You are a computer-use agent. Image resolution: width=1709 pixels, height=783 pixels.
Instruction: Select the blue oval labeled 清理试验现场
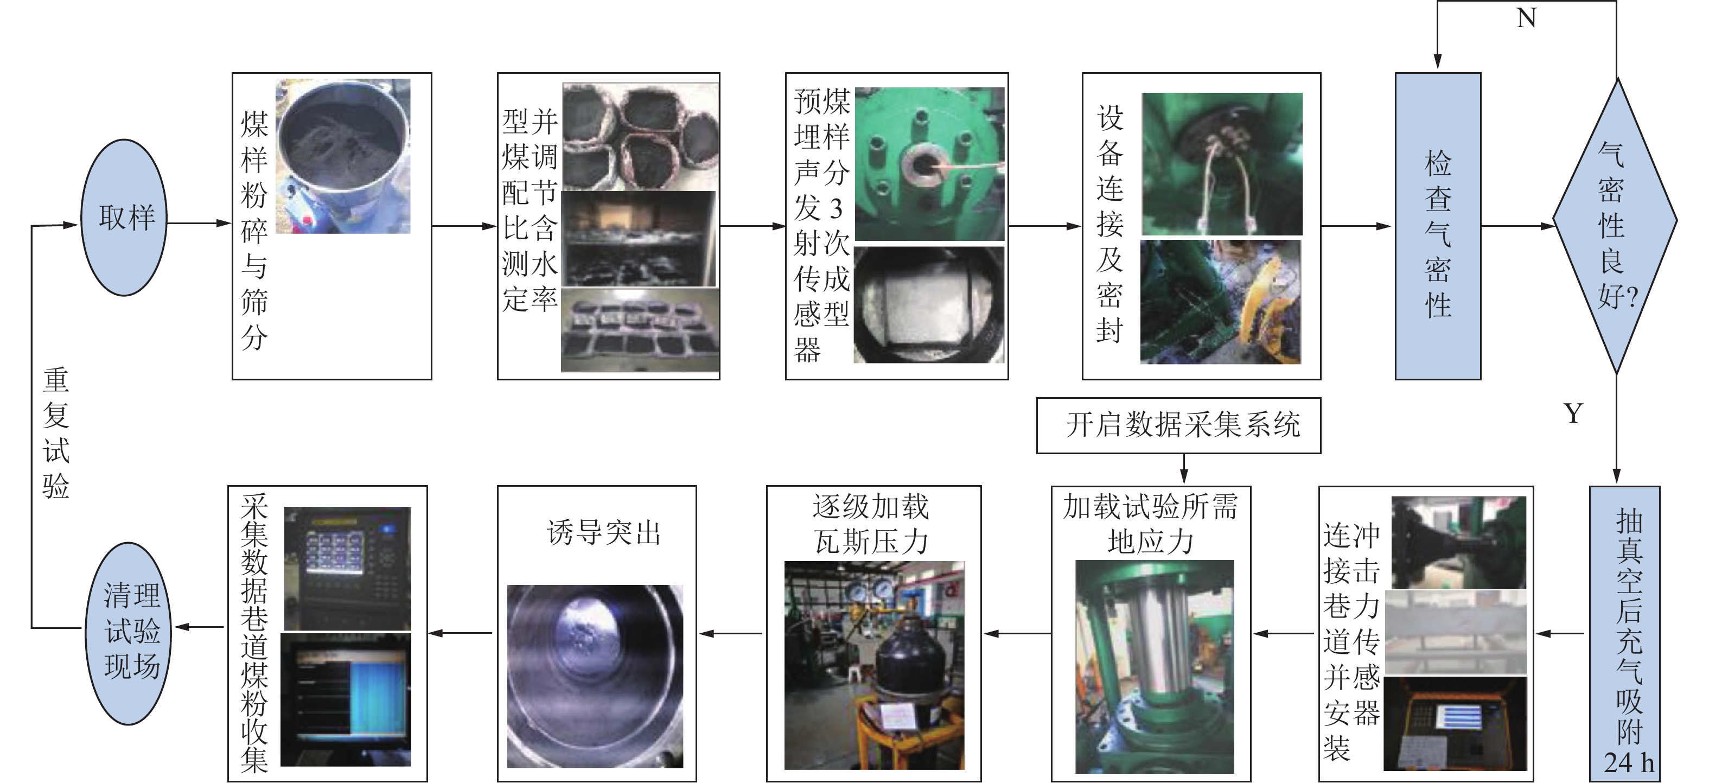pyautogui.click(x=129, y=633)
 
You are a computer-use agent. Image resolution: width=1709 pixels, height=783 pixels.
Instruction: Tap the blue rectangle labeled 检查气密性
pyautogui.click(x=1438, y=226)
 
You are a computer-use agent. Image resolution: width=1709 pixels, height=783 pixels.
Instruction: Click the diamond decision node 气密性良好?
pyautogui.click(x=1616, y=226)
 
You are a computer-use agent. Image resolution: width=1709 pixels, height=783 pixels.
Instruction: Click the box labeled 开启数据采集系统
pyautogui.click(x=1178, y=425)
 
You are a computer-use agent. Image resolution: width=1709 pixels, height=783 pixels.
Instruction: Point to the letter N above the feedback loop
pyautogui.click(x=1526, y=18)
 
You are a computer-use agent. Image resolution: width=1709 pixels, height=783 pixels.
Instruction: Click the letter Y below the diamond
pyautogui.click(x=1573, y=413)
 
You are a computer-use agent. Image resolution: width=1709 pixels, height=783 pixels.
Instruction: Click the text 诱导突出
pyautogui.click(x=604, y=532)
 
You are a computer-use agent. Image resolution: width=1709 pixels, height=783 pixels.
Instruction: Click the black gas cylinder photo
pyautogui.click(x=875, y=666)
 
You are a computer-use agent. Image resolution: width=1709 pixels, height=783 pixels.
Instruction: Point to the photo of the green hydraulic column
pyautogui.click(x=1155, y=666)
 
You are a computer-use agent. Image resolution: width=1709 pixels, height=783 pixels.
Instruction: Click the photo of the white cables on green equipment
pyautogui.click(x=1222, y=164)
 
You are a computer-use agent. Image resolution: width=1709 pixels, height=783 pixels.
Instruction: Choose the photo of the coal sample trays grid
pyautogui.click(x=640, y=330)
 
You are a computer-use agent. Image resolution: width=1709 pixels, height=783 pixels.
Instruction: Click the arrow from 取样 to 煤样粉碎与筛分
pyautogui.click(x=199, y=223)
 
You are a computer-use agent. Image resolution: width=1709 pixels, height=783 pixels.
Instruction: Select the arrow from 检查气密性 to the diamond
pyautogui.click(x=1518, y=226)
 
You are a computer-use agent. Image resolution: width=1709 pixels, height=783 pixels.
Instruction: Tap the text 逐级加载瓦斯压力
pyautogui.click(x=871, y=524)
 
